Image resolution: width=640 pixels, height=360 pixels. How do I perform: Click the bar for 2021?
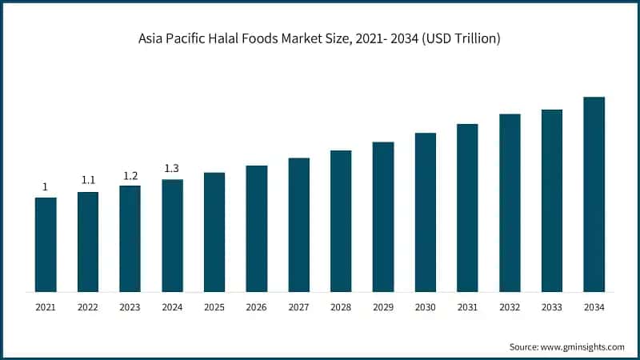click(x=46, y=244)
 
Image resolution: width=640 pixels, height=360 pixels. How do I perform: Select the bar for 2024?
click(x=172, y=235)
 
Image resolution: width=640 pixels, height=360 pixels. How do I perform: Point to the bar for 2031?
click(x=467, y=207)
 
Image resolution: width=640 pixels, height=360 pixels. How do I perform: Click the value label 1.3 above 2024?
click(x=172, y=168)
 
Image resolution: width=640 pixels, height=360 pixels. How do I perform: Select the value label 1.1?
click(x=88, y=180)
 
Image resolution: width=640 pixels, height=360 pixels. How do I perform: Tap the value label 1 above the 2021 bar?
click(x=46, y=186)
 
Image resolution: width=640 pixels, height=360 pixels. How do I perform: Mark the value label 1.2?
click(x=130, y=175)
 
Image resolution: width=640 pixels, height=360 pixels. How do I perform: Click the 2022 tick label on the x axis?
click(x=88, y=307)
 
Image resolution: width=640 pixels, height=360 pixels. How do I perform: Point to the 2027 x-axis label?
click(x=298, y=307)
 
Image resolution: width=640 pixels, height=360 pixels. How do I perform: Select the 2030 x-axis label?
click(x=425, y=307)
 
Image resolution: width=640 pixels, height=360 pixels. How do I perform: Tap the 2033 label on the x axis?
click(x=551, y=307)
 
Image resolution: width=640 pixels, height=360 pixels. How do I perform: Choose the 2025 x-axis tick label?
click(x=214, y=307)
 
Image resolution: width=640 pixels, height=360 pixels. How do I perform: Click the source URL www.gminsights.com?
click(x=584, y=346)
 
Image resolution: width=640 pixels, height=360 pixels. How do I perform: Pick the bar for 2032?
click(x=510, y=202)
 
